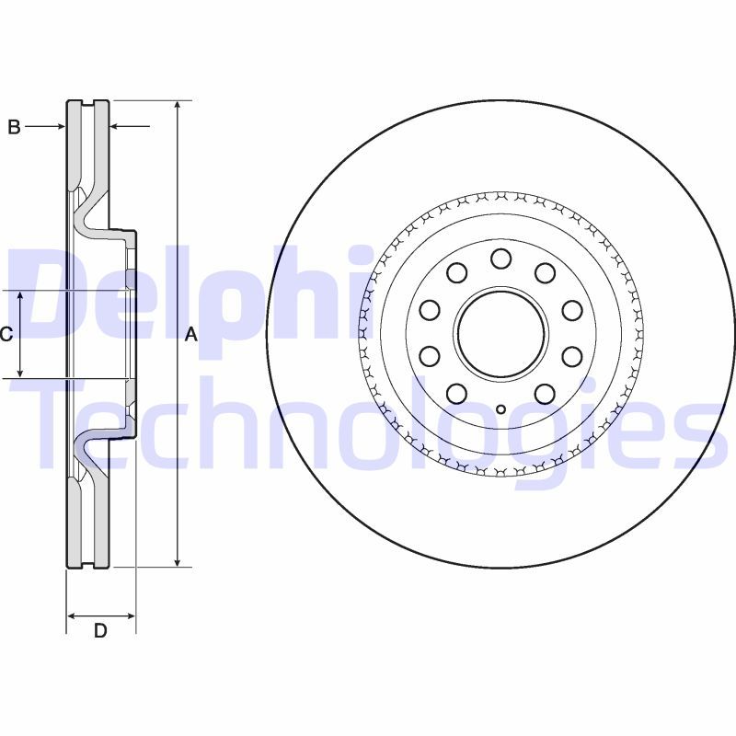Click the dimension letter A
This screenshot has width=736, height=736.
(191, 335)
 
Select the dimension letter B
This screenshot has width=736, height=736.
(14, 127)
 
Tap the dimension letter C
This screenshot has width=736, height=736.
(6, 334)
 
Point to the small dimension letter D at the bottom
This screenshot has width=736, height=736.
(100, 630)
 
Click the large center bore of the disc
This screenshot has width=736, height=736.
(500, 332)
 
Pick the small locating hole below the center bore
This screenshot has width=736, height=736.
(500, 409)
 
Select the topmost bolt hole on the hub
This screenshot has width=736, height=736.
(500, 259)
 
